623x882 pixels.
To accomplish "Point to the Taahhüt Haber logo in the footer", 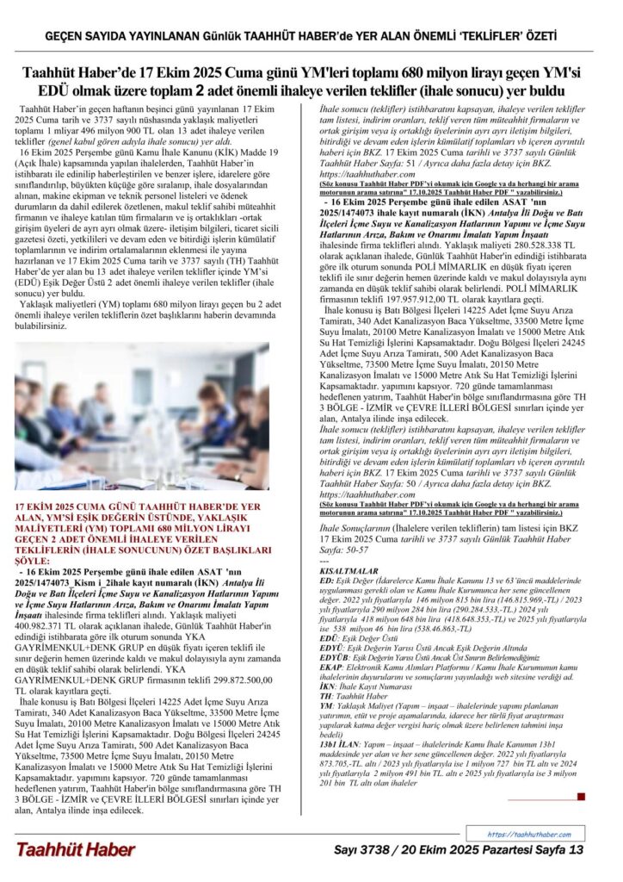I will pos(75,849).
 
